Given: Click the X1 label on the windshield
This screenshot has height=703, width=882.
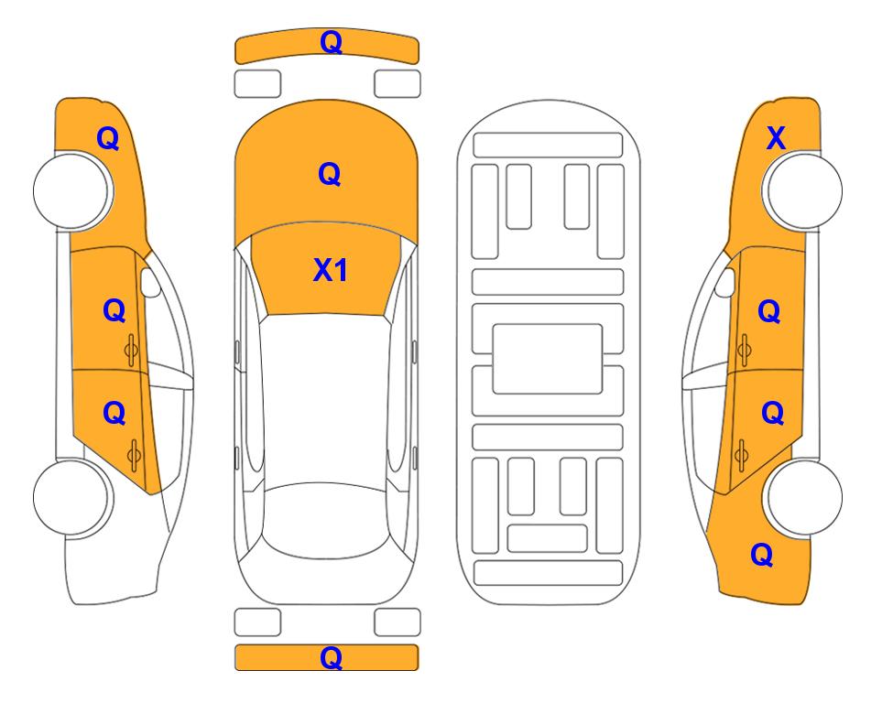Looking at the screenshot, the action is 331,270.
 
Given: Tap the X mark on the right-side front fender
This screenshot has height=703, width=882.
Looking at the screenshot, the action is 776,138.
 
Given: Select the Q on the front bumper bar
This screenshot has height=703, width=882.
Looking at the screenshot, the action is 332,42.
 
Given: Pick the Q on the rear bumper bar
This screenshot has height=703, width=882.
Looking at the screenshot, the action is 332,657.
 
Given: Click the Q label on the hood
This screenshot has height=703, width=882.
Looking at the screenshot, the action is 330,174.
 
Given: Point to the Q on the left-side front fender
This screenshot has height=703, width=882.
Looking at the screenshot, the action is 108,138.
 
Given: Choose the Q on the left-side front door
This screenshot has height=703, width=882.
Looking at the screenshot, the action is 114,310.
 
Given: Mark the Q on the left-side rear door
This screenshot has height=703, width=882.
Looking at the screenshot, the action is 114,414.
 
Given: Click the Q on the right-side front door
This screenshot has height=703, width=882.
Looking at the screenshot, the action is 769,311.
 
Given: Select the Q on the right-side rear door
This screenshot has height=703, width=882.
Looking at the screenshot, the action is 772,414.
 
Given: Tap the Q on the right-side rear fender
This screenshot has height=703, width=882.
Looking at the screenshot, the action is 762,555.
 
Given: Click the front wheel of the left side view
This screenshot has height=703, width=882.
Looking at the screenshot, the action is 72,190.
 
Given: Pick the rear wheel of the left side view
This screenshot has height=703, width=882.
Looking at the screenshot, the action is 72,497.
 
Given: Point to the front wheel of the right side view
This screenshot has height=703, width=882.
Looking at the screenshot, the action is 803,190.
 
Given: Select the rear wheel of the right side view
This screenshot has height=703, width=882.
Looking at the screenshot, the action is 803,497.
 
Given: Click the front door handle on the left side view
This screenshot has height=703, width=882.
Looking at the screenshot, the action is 131,350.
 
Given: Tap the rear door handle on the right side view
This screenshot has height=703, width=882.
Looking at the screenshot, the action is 741,455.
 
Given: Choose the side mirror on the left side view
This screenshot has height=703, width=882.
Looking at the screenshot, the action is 149,282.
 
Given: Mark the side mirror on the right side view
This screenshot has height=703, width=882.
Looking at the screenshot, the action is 725,282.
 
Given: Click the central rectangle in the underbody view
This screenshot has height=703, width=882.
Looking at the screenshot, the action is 548,359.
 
